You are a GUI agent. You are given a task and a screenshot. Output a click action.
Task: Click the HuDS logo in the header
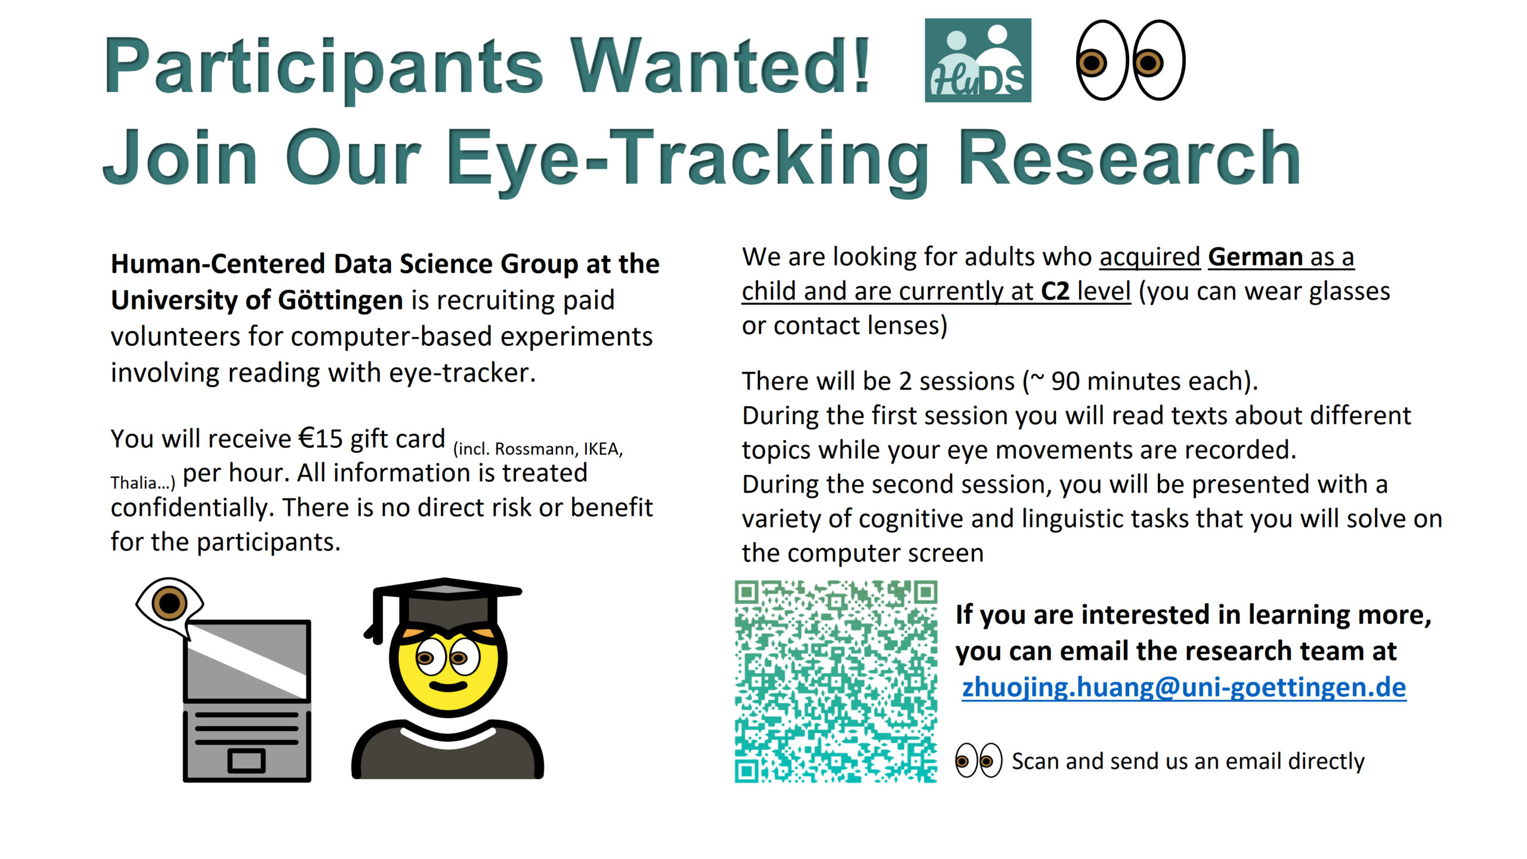[x=978, y=60]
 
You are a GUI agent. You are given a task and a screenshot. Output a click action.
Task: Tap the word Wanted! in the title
[x=719, y=66]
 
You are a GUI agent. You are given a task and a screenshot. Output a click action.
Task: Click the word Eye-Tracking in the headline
[x=687, y=159]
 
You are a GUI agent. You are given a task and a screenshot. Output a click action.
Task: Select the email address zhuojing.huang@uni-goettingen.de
[x=1184, y=687]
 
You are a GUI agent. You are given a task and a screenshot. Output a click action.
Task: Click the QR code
[x=836, y=681]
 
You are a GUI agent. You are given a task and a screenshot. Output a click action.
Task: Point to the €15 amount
[x=321, y=438]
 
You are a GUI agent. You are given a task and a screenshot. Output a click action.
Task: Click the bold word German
[x=1255, y=257]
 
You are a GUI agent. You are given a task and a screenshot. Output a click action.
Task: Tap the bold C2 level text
[x=1086, y=292]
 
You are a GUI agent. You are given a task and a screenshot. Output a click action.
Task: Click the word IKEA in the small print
[x=603, y=449]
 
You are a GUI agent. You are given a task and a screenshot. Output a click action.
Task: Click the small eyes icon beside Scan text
[x=978, y=761]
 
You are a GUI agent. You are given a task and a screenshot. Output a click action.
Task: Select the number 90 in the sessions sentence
[x=1065, y=381]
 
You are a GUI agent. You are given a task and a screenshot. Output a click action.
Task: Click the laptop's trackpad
[x=246, y=761]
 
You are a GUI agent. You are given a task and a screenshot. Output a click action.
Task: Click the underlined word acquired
[x=1149, y=258]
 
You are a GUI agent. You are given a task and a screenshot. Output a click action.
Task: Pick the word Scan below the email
[x=1035, y=761]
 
